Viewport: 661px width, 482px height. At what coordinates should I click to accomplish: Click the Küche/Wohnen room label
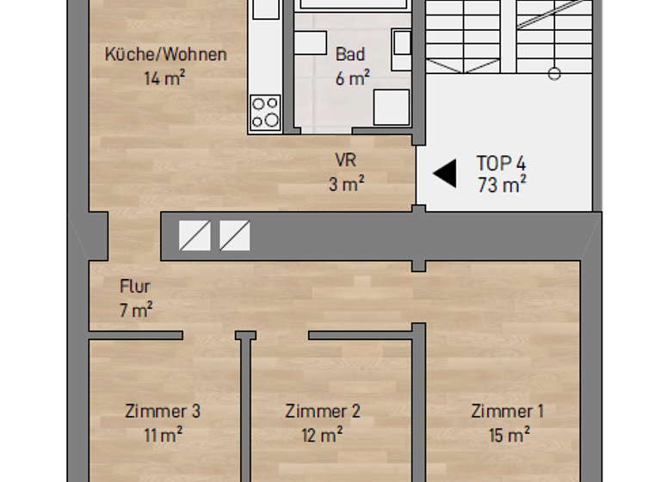pos(165,54)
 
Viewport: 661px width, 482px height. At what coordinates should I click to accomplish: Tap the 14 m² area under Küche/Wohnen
pos(165,77)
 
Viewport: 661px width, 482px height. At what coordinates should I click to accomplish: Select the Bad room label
pos(350,54)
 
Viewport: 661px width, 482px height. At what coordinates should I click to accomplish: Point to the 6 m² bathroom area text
pos(352,77)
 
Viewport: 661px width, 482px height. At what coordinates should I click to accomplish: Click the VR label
pos(346,159)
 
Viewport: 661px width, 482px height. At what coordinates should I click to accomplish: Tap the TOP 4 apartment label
pos(501,163)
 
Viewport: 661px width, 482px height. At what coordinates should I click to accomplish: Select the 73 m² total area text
pos(502,184)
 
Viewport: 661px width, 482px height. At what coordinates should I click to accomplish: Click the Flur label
pos(135,287)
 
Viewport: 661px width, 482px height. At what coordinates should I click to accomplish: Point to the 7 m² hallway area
pos(136,310)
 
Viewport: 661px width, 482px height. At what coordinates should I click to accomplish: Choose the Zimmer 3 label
pos(163,411)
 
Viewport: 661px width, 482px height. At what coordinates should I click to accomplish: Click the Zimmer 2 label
pos(323,411)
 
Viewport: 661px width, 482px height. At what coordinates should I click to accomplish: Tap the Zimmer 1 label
pos(508,411)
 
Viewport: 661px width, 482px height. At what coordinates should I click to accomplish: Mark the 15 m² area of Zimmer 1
pos(509,435)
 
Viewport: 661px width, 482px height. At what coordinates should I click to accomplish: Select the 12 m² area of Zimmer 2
pos(324,435)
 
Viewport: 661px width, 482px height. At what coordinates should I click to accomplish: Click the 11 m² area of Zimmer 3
pos(163,435)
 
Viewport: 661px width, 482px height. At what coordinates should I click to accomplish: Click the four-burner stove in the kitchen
pos(264,113)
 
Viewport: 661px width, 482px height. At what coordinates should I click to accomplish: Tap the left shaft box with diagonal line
pos(195,235)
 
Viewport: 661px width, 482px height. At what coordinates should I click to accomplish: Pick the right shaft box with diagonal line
pos(235,235)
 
